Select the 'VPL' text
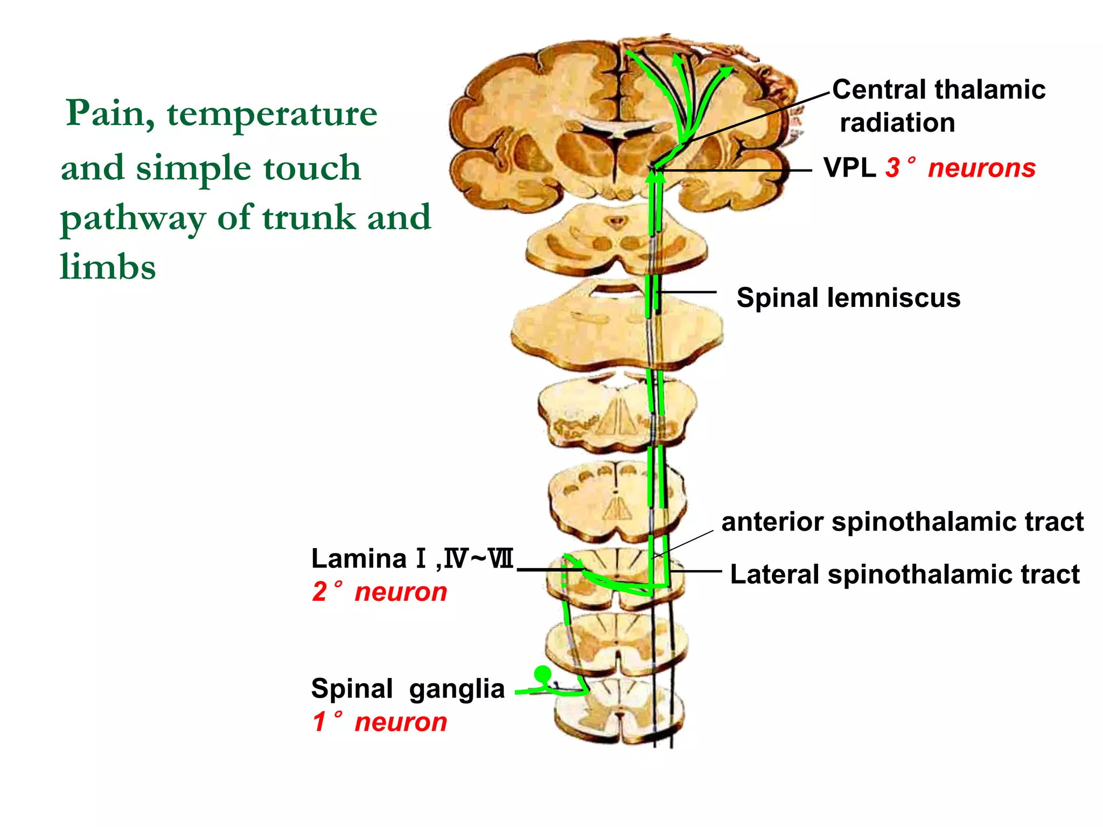tap(849, 167)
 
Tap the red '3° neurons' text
tap(960, 167)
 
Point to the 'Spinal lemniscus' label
tap(848, 298)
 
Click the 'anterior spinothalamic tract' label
tap(902, 522)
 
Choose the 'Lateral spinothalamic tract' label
tap(904, 574)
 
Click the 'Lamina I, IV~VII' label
tap(413, 558)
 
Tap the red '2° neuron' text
tap(380, 592)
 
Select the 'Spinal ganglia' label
tap(408, 689)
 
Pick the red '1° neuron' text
tap(380, 722)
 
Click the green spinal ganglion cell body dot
tap(542, 674)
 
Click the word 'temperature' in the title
tap(272, 114)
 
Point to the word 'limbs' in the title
tap(108, 267)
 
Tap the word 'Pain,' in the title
tap(110, 114)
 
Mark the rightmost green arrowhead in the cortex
tap(727, 71)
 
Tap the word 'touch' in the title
tap(312, 168)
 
